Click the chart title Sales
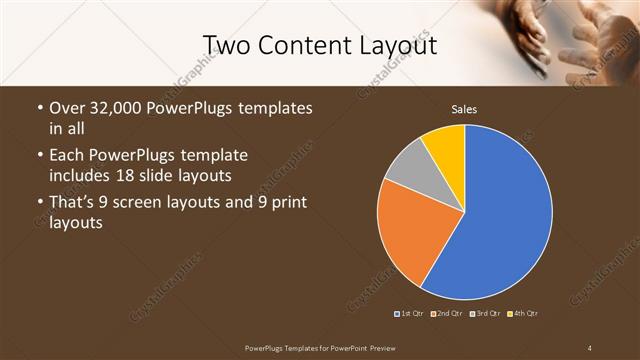click(x=464, y=108)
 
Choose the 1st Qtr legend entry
click(x=410, y=314)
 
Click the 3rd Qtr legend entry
click(x=487, y=314)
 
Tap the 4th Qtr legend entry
click(x=524, y=314)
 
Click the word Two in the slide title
click(x=227, y=46)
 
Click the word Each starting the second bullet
click(x=67, y=157)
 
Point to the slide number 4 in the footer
click(x=590, y=347)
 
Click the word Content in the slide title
click(x=303, y=46)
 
